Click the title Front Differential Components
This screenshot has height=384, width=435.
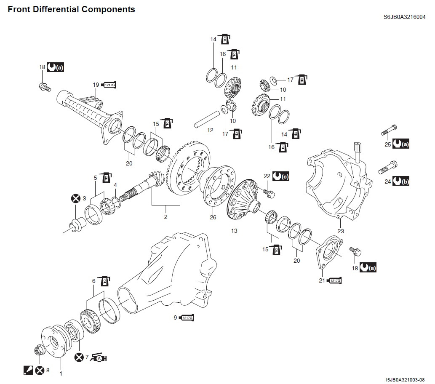(x=72, y=9)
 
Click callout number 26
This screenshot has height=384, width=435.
(x=213, y=217)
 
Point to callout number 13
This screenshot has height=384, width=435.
(x=234, y=231)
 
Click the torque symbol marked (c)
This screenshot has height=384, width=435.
(x=281, y=176)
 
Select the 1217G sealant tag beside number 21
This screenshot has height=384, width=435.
(x=335, y=280)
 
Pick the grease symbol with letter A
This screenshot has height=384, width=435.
(x=99, y=358)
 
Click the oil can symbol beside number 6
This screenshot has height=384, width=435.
(x=104, y=280)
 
